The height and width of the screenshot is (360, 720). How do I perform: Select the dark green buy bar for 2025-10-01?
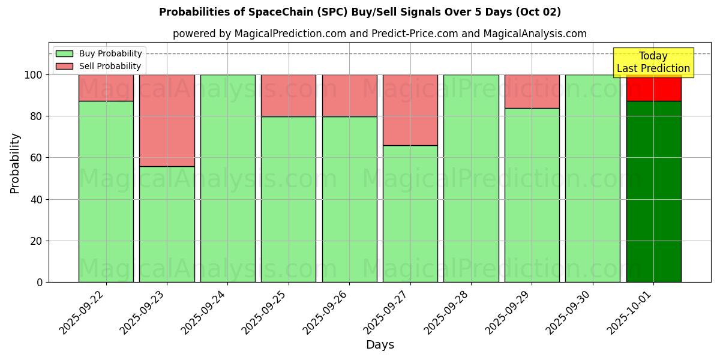pyautogui.click(x=653, y=191)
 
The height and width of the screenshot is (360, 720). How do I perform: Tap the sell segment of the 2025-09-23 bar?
pyautogui.click(x=167, y=120)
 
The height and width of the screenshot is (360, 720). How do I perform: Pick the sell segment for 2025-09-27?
pyautogui.click(x=410, y=110)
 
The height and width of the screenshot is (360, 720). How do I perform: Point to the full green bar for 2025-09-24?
pyautogui.click(x=228, y=178)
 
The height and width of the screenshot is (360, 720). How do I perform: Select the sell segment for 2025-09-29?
pyautogui.click(x=532, y=91)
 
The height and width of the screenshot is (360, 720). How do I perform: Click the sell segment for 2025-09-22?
pyautogui.click(x=106, y=88)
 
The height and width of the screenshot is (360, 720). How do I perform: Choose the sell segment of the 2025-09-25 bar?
pyautogui.click(x=289, y=95)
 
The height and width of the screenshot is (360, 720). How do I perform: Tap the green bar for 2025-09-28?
pyautogui.click(x=471, y=178)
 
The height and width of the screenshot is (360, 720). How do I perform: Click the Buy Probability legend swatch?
pyautogui.click(x=64, y=54)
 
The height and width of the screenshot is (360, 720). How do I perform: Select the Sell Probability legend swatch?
pyautogui.click(x=64, y=67)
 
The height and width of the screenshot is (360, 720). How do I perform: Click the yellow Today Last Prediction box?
pyautogui.click(x=653, y=62)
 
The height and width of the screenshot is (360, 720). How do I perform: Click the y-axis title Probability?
pyautogui.click(x=15, y=163)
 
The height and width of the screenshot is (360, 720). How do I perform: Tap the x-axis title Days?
pyautogui.click(x=380, y=345)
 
